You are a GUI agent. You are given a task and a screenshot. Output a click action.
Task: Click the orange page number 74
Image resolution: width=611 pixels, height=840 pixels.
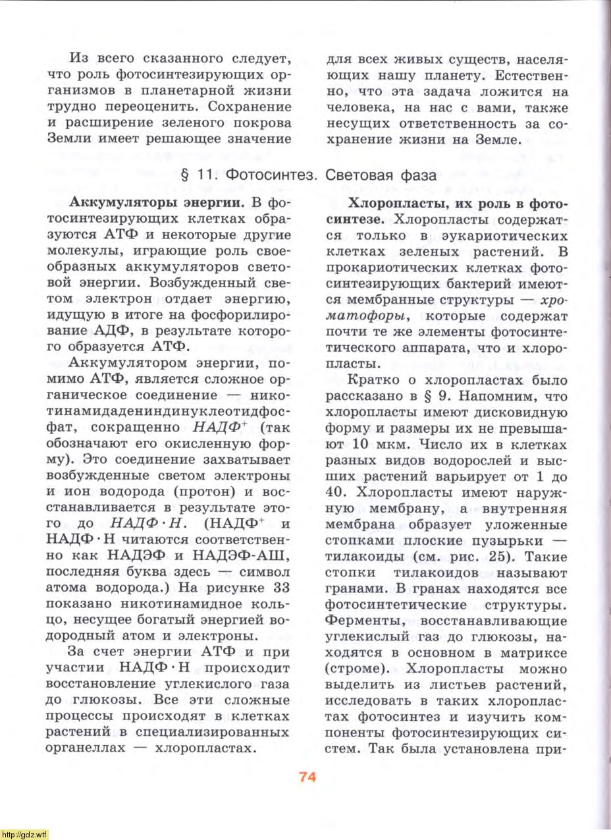307,776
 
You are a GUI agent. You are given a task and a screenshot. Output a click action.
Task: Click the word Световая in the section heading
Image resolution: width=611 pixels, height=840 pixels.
357,176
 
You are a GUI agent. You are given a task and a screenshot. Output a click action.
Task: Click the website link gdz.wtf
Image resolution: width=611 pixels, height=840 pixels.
24,834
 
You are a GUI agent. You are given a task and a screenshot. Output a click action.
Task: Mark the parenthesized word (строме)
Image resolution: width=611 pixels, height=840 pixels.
358,668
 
